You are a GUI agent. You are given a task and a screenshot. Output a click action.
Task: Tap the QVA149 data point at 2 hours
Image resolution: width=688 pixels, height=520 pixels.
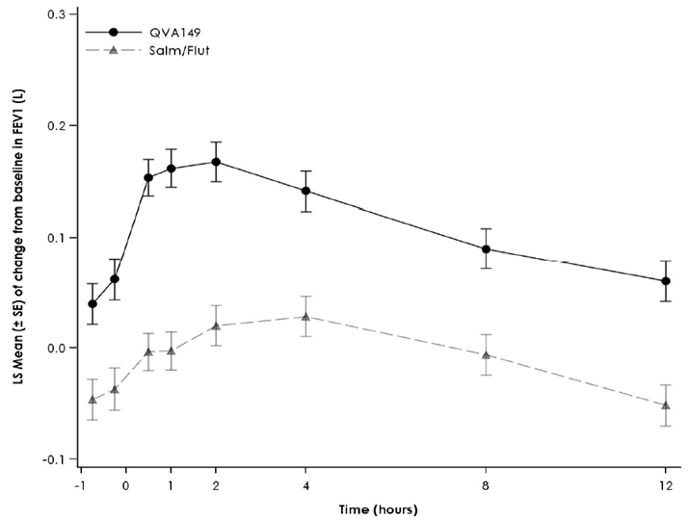(217, 162)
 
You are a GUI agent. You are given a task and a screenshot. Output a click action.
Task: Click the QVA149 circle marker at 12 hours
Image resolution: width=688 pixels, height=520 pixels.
(665, 281)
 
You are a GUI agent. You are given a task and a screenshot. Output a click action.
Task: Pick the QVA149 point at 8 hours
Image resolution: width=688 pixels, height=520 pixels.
(487, 249)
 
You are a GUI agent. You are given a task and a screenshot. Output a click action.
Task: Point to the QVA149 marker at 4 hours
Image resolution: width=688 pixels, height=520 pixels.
(306, 191)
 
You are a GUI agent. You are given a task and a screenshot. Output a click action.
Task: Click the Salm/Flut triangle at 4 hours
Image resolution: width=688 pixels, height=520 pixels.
(306, 317)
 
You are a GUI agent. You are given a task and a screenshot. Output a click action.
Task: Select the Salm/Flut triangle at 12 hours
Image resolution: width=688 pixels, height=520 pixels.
(665, 405)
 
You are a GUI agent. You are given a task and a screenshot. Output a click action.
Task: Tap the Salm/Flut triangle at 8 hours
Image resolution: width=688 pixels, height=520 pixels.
(487, 355)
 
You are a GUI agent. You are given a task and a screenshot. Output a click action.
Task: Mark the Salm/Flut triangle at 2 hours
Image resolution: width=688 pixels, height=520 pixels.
(217, 325)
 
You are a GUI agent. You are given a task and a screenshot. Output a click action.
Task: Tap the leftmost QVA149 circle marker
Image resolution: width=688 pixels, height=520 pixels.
(93, 303)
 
